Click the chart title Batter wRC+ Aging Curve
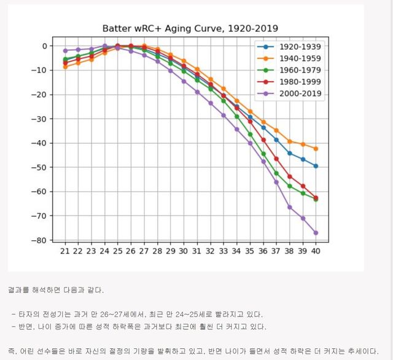190,28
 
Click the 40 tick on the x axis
316,251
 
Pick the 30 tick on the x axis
184,251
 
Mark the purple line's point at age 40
316,233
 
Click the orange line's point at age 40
316,149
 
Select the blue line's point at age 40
316,166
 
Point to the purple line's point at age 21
65,50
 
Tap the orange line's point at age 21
65,66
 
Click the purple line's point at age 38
290,207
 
